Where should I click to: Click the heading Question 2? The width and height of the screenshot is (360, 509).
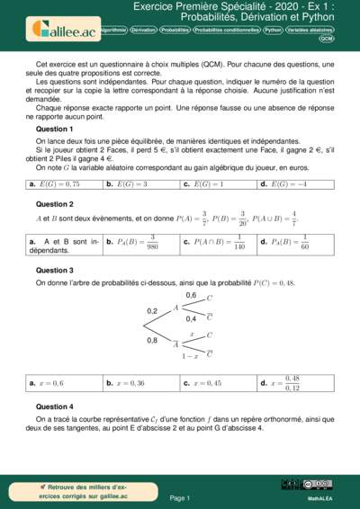(x=54, y=204)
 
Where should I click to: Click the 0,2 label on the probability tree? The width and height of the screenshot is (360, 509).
(x=152, y=310)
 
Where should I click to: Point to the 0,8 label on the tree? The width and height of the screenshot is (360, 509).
(x=152, y=340)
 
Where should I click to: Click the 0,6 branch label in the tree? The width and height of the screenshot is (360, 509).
(x=191, y=295)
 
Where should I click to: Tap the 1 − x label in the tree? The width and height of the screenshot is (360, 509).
(x=189, y=357)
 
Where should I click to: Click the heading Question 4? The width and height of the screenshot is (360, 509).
(x=54, y=406)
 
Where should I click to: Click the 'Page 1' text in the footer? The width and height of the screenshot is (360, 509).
(x=180, y=497)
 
